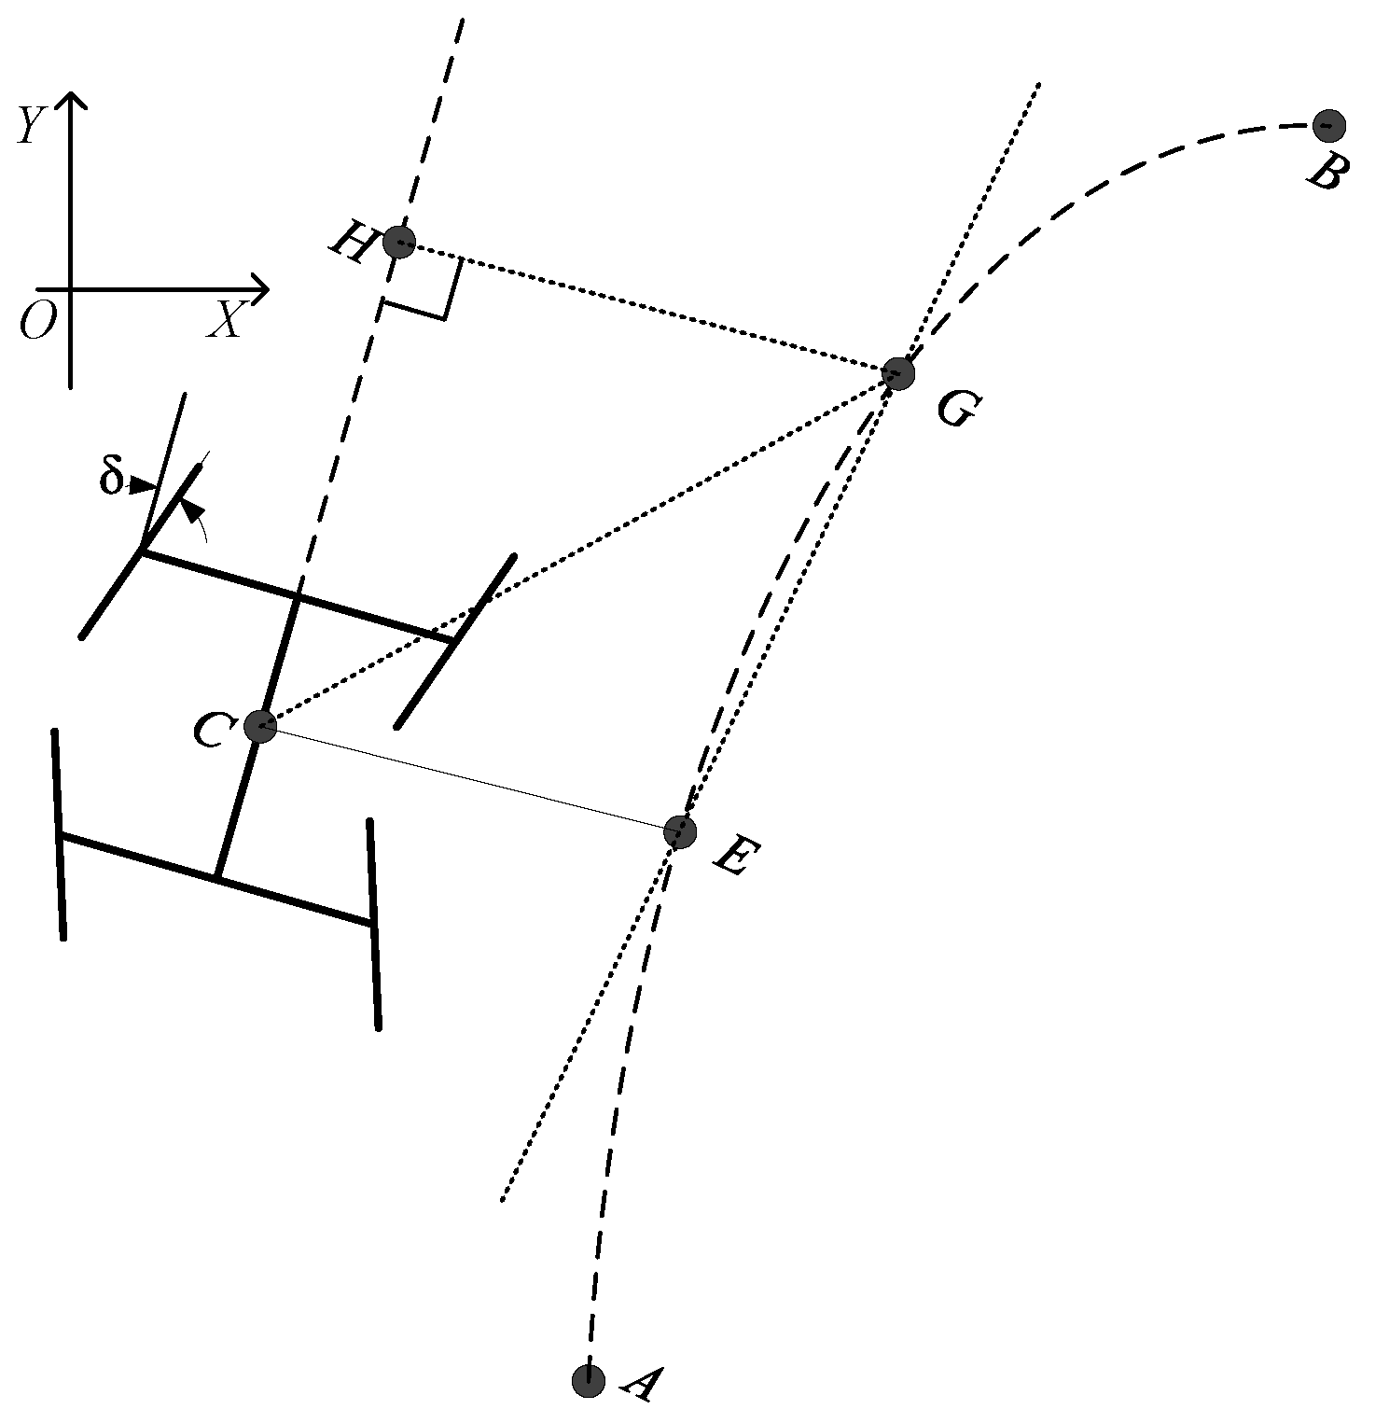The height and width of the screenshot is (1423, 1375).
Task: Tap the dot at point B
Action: pyautogui.click(x=1328, y=124)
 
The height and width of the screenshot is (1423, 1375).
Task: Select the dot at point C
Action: pyautogui.click(x=260, y=725)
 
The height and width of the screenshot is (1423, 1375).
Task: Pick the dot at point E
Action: pyautogui.click(x=681, y=830)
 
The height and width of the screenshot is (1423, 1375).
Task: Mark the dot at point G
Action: pyautogui.click(x=898, y=373)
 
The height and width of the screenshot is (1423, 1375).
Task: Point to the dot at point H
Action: pyautogui.click(x=399, y=243)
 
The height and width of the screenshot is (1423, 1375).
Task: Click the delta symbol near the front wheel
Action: pyautogui.click(x=111, y=478)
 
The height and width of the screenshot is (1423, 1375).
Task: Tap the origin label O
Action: pyautogui.click(x=37, y=323)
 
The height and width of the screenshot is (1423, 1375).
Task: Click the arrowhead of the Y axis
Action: pyautogui.click(x=71, y=98)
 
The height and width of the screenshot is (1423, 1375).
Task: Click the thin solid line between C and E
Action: pyautogui.click(x=471, y=777)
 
